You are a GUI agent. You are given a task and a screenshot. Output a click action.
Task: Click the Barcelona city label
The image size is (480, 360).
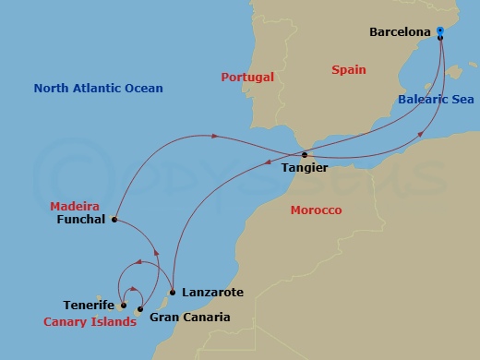(401, 31)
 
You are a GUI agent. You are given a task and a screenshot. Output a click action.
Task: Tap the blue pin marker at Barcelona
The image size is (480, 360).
(440, 32)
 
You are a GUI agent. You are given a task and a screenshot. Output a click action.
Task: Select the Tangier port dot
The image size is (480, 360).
(305, 155)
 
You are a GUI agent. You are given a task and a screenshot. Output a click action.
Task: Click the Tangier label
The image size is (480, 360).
(304, 169)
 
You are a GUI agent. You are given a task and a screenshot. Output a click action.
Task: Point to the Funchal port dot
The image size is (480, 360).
(114, 220)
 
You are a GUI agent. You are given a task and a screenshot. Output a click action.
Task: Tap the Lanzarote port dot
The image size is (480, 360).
(173, 292)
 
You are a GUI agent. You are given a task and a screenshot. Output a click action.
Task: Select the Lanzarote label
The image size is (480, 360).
(213, 292)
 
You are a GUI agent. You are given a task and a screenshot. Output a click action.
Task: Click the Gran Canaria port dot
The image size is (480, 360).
(140, 308)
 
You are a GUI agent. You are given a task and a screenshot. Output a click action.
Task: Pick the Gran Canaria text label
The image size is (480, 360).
(189, 318)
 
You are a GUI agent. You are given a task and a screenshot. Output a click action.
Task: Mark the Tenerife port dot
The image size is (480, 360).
(123, 305)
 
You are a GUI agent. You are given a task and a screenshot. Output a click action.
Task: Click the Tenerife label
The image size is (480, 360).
(89, 305)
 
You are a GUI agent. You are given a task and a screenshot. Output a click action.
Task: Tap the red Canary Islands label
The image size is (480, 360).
(90, 322)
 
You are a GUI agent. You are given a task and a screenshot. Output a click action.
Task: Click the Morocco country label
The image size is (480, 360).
(316, 210)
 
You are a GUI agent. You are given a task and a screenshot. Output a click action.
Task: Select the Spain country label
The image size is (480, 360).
(348, 69)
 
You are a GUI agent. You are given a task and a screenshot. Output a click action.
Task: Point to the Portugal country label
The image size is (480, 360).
(248, 77)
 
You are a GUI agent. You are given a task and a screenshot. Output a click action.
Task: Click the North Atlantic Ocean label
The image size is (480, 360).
(98, 89)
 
